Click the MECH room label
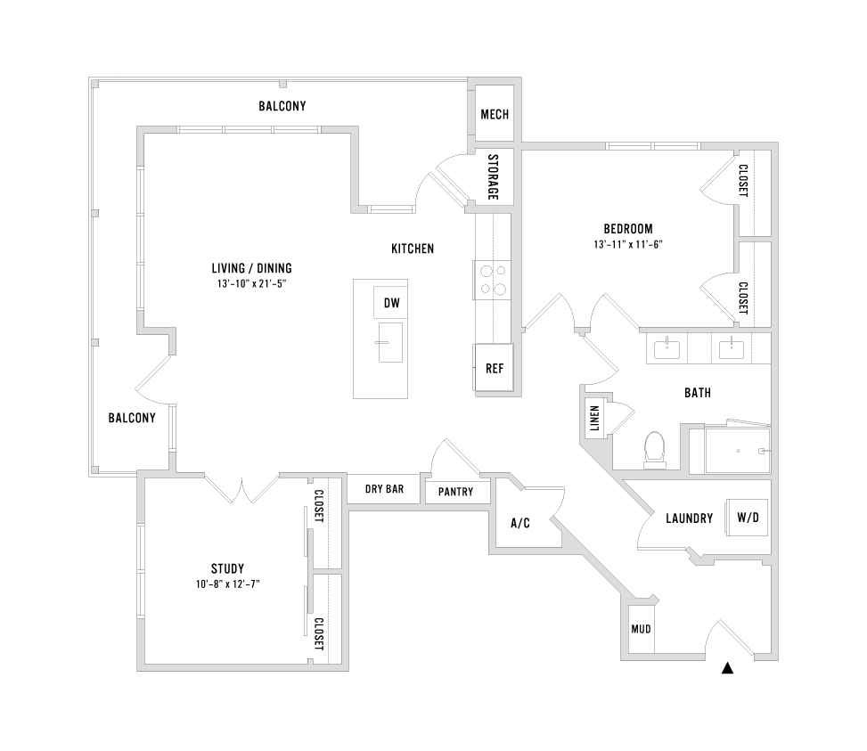tap(494, 115)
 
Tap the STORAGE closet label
tap(493, 176)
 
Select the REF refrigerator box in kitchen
tap(494, 367)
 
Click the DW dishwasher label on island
tap(391, 304)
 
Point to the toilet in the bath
tap(656, 449)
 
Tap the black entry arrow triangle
tap(729, 667)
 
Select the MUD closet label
tap(641, 629)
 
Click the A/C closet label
tap(520, 523)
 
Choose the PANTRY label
tap(455, 493)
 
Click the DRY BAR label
tap(385, 489)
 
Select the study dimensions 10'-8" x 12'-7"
tap(227, 584)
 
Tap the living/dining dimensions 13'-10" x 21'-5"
tap(251, 283)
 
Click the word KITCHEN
tap(413, 249)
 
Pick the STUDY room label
tap(227, 568)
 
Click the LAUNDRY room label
tap(689, 518)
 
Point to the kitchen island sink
tap(390, 342)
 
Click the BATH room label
tap(697, 392)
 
